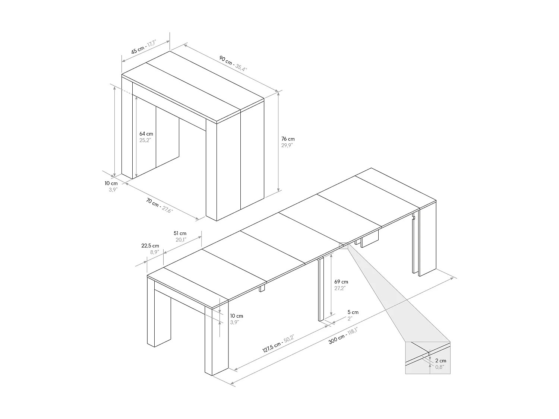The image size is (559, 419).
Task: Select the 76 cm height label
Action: tap(288, 139)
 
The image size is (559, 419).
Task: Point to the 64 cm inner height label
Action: tap(146, 134)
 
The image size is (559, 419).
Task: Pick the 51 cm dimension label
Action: tap(180, 234)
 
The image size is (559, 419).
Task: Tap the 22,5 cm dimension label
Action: tap(150, 246)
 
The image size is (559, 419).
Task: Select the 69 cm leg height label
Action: tap(341, 282)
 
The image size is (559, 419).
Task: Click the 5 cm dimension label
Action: tap(353, 312)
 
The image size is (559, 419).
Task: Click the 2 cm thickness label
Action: tap(440, 361)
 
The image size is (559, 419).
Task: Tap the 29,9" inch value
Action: tap(287, 146)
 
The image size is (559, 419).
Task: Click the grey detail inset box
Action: tap(427, 358)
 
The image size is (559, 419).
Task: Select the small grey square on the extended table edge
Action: tap(343, 245)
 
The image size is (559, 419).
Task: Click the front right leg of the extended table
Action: tap(217, 341)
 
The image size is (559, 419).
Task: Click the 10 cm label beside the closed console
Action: tap(111, 183)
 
